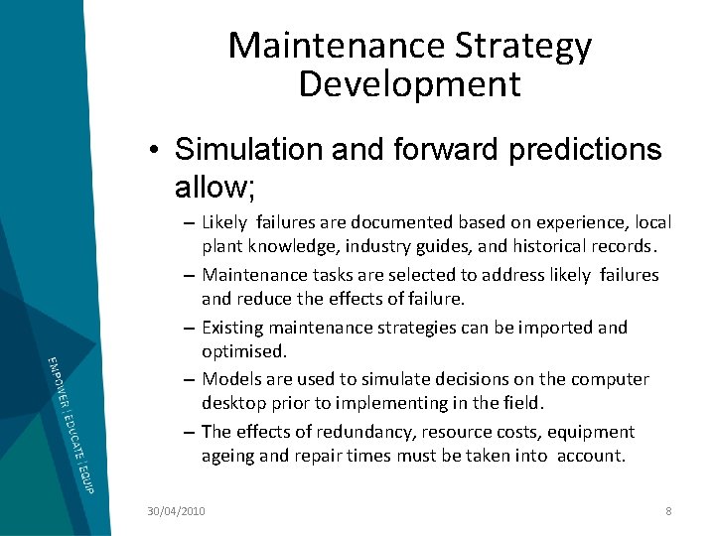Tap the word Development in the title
pyautogui.click(x=409, y=83)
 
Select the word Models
pyautogui.click(x=230, y=379)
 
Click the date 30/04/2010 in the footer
pyautogui.click(x=175, y=510)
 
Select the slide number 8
pyautogui.click(x=668, y=510)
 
